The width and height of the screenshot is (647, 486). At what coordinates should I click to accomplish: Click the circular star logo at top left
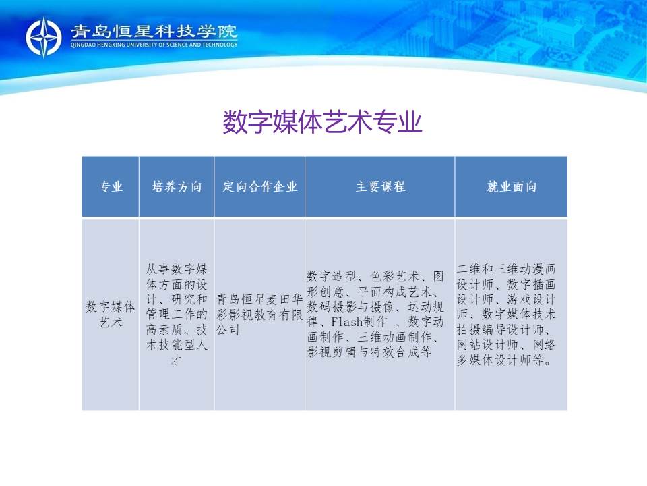tap(44, 36)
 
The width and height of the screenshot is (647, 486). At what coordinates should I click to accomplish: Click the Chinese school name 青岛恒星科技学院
tap(154, 32)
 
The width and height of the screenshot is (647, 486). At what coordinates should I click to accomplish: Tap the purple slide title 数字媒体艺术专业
tap(322, 122)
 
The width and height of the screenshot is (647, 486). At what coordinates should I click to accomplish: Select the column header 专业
tap(111, 186)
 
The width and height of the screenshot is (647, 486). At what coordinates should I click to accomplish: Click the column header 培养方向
tap(177, 186)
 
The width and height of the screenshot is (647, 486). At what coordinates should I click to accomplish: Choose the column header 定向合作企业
tap(260, 186)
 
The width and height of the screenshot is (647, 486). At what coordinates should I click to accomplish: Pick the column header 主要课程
tap(380, 186)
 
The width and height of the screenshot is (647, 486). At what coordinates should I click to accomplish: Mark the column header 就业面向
tap(512, 186)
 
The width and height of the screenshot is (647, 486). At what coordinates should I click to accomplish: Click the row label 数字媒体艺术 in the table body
tap(111, 314)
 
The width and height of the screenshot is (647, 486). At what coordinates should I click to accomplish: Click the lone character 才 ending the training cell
tap(176, 360)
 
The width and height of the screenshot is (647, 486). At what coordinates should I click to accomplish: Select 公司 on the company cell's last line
tap(228, 329)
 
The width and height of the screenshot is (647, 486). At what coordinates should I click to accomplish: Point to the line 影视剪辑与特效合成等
tap(369, 352)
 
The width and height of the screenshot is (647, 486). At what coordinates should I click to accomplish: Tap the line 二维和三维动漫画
tap(506, 269)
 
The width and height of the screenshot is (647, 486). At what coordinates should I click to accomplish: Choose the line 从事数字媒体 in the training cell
tap(176, 269)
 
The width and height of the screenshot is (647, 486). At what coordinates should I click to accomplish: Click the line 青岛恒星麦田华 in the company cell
tap(259, 299)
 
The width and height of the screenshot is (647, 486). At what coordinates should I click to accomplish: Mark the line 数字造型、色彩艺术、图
tap(375, 276)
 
